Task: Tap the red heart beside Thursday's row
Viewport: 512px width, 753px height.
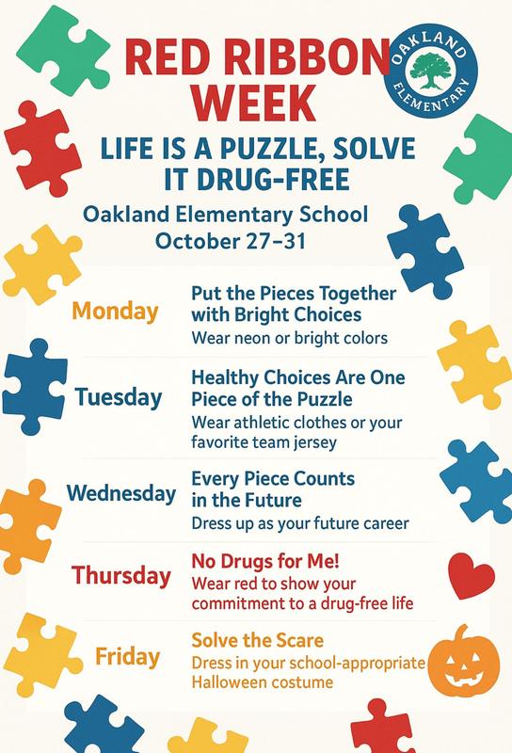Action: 472,575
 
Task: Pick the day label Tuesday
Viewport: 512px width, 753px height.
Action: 118,397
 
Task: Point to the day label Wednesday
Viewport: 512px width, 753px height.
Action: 121,492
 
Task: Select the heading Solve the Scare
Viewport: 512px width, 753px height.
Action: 257,640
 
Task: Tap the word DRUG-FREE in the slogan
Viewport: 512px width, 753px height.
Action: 285,177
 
